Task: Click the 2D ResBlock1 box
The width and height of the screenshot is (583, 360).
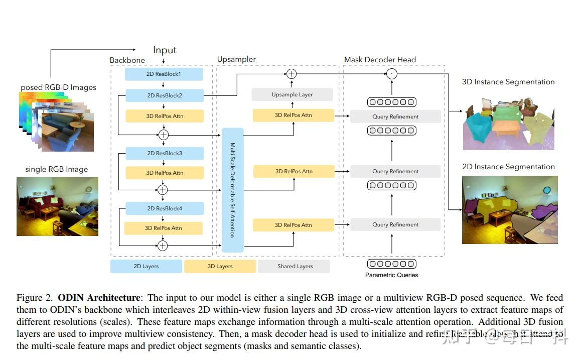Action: click(164, 74)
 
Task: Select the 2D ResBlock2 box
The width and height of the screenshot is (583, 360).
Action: click(164, 95)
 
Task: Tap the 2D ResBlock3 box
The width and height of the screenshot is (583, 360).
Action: click(164, 153)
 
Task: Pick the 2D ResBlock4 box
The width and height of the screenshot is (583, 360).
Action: click(164, 208)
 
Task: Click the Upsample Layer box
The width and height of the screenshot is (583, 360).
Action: click(292, 94)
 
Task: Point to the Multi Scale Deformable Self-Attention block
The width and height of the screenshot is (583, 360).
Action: click(232, 190)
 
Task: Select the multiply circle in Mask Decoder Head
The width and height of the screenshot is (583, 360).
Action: click(392, 74)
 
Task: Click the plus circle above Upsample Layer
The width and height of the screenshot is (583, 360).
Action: click(291, 74)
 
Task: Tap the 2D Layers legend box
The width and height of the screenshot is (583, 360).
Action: click(146, 266)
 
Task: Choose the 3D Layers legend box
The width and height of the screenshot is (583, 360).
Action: click(220, 266)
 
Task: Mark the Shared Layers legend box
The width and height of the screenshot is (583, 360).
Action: click(295, 266)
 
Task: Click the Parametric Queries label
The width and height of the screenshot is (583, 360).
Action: click(391, 275)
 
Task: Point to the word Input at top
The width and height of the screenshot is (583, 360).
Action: click(165, 50)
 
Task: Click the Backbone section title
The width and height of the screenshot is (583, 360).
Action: click(127, 60)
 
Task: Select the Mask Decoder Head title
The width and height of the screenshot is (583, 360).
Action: click(380, 60)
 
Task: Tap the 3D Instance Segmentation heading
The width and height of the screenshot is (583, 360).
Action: click(508, 82)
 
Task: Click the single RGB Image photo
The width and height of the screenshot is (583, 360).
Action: click(57, 206)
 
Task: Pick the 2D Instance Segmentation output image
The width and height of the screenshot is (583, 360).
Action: click(509, 209)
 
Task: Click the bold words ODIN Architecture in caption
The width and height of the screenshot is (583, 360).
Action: click(98, 298)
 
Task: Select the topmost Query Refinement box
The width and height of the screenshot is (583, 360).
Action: click(395, 116)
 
